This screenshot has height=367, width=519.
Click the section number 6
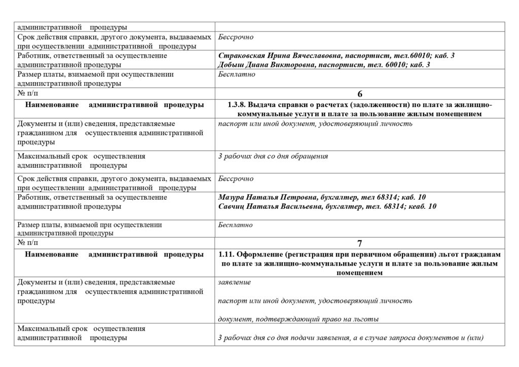[x=360, y=94]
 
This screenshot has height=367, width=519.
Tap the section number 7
[x=360, y=243]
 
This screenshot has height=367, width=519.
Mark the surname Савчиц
[x=231, y=206]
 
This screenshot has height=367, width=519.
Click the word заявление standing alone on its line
[x=234, y=282]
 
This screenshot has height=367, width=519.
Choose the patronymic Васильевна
[x=299, y=206]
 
